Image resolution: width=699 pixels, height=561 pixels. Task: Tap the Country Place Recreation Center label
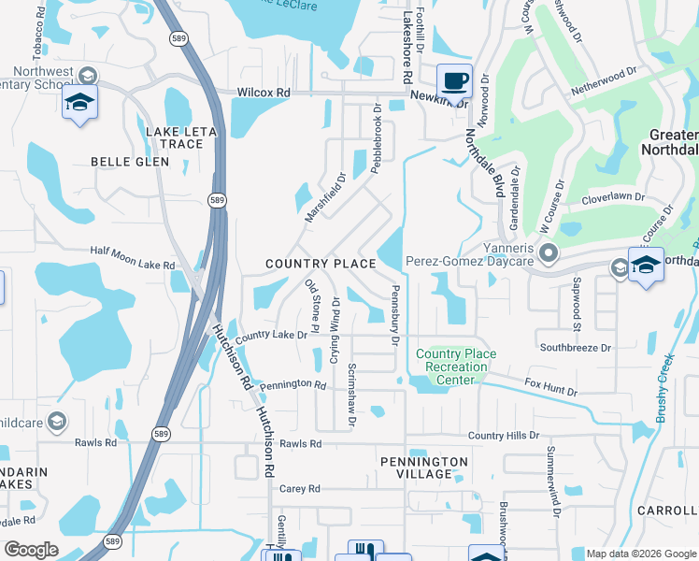pos(456,361)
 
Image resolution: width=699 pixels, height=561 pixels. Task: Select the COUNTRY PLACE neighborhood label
pos(321,265)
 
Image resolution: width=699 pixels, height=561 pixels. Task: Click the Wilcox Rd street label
pos(264,93)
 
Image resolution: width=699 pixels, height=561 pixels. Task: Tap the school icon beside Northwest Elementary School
pos(80,102)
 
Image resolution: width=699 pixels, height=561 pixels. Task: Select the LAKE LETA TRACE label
pos(180,137)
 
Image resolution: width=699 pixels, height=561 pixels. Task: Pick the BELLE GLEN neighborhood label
pos(130,162)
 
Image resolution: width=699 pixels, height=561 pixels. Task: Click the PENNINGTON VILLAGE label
pos(423,467)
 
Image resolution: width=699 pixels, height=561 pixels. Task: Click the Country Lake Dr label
pos(271,335)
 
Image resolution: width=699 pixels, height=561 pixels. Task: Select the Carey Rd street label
pos(300,489)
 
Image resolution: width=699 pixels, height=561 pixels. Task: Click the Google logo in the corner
pos(31,550)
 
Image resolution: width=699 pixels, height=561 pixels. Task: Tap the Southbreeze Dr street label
pos(575,348)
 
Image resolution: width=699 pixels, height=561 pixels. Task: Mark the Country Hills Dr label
pos(504,436)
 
